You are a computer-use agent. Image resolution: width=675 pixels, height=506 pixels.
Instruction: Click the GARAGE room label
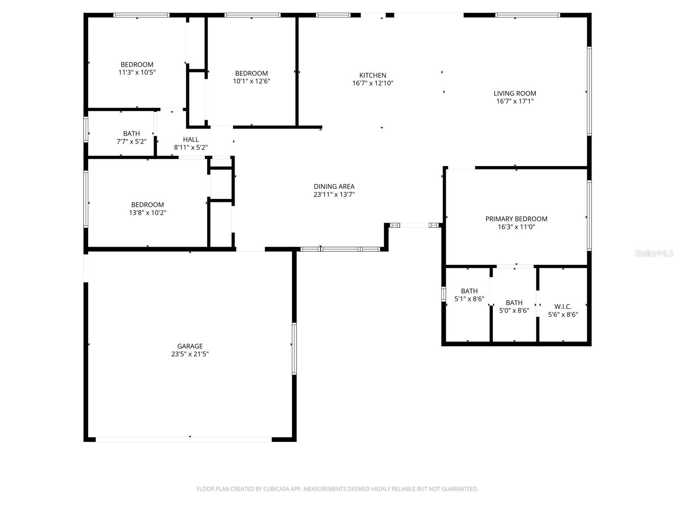click(190, 346)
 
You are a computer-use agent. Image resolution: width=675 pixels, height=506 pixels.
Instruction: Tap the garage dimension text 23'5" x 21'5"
click(190, 354)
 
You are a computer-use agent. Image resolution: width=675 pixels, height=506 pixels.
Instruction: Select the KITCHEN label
click(373, 75)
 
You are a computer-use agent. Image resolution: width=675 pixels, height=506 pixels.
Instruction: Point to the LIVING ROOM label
click(515, 94)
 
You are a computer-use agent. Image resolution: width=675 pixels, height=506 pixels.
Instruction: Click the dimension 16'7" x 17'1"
click(515, 101)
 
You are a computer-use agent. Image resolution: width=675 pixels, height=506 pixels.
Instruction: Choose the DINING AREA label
click(334, 186)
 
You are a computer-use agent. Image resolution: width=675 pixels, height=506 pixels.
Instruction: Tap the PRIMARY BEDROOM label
click(516, 219)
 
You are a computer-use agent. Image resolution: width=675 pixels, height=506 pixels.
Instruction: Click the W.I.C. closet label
click(563, 307)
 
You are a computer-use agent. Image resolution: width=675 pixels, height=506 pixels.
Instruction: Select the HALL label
click(191, 140)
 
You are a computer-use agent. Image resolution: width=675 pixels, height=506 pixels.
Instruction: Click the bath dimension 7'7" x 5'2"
click(131, 142)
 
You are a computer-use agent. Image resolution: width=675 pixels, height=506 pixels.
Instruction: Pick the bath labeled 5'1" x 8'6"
click(469, 291)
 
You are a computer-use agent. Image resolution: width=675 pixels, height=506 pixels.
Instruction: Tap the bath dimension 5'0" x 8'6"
click(514, 311)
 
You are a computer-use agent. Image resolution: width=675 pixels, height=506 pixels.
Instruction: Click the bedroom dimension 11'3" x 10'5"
click(137, 73)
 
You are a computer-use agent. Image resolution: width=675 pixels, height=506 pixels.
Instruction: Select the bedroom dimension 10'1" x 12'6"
click(251, 81)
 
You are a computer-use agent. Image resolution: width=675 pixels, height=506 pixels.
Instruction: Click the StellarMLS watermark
click(654, 253)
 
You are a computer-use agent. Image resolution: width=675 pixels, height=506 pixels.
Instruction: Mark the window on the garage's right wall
click(294, 349)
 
